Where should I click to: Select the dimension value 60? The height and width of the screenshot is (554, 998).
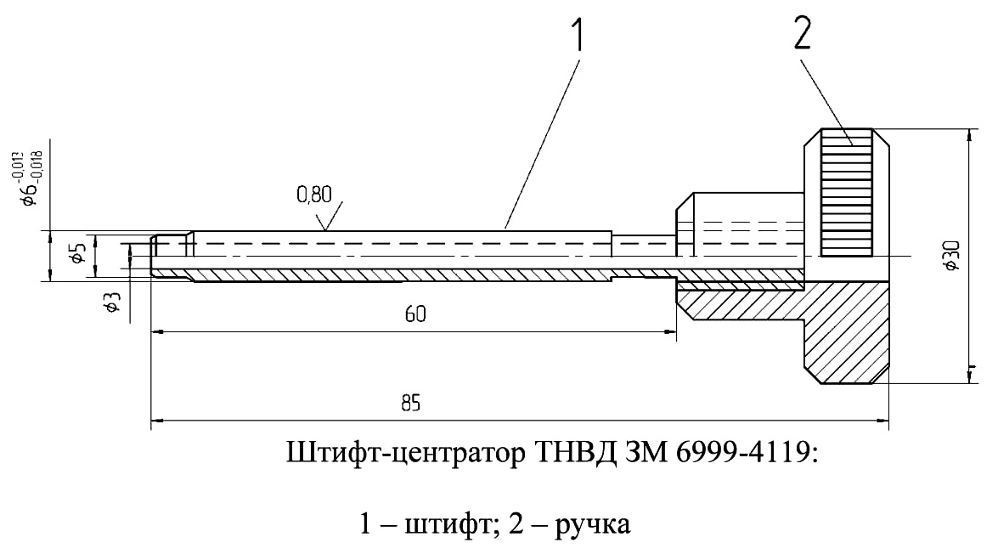[415, 314]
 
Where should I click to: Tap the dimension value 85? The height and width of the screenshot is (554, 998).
[411, 404]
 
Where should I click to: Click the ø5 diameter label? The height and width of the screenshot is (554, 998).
[77, 253]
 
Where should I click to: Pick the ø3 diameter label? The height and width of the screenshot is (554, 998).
[112, 302]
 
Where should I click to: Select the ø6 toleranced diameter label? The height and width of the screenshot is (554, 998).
[28, 179]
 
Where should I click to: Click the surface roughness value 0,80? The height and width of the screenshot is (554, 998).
[313, 195]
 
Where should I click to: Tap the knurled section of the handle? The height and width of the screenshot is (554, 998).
[846, 193]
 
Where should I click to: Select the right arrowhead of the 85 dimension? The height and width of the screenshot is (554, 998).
[882, 421]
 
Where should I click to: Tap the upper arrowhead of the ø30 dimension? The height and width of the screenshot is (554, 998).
[969, 136]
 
